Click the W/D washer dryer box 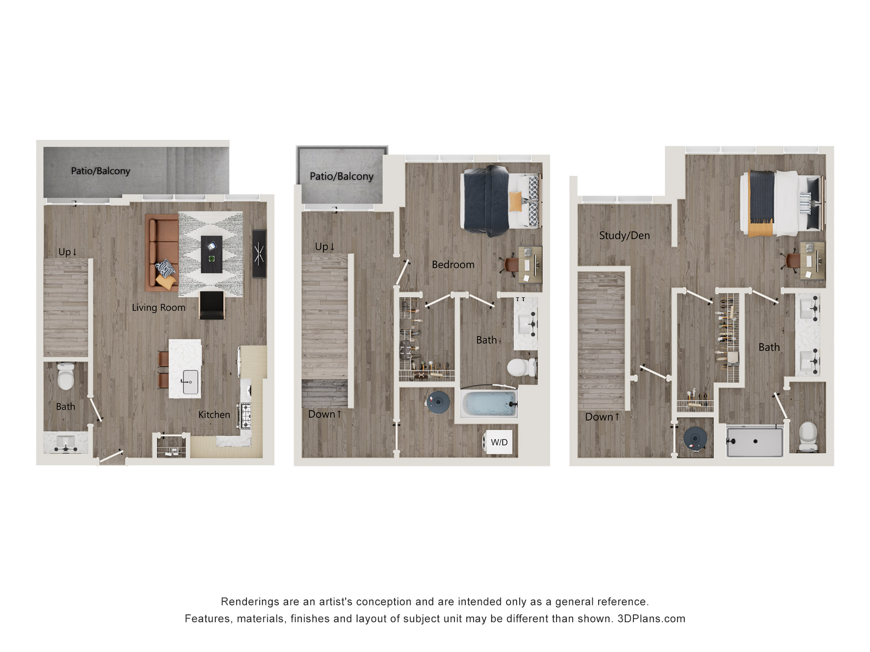[x=499, y=442]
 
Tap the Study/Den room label [x=624, y=235]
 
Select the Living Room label [x=159, y=307]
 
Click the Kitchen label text [x=214, y=414]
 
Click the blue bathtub [x=488, y=404]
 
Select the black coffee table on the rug [x=211, y=254]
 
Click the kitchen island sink [x=190, y=382]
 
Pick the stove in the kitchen [x=245, y=415]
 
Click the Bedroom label [x=453, y=264]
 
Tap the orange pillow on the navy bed [x=515, y=201]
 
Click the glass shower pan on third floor [x=754, y=441]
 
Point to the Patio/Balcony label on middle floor [x=341, y=176]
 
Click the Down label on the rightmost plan [x=602, y=417]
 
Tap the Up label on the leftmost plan [x=68, y=252]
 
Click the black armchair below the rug [x=212, y=305]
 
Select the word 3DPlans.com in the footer [x=651, y=618]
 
